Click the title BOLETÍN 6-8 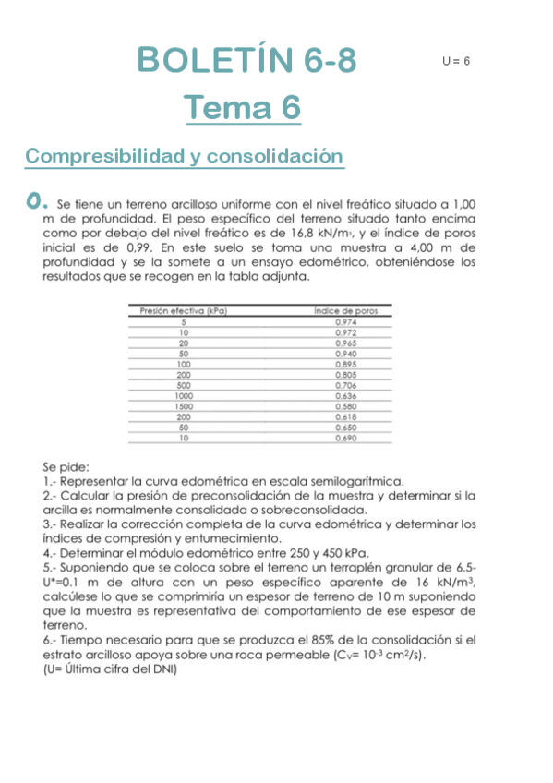[246, 61]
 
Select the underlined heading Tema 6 [243, 109]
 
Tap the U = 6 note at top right [456, 61]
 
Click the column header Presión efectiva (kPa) [184, 312]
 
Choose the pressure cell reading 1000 [184, 396]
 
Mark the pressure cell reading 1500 [184, 406]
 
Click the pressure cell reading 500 [184, 385]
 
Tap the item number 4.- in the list [50, 553]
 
